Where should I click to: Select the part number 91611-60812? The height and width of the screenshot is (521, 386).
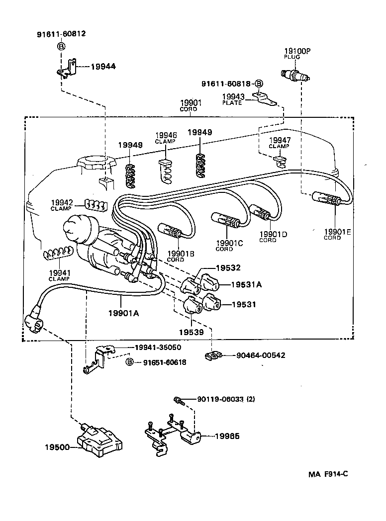coord(61,34)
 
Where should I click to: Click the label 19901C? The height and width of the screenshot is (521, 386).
coord(229,243)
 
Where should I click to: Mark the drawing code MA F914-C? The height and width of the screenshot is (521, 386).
coord(327,474)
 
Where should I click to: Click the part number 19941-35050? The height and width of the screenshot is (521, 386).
coord(158,347)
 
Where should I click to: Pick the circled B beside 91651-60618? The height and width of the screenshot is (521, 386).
coord(130,362)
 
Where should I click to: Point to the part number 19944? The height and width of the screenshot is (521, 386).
coord(103,66)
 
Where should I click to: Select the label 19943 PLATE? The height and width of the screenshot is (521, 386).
coord(232,99)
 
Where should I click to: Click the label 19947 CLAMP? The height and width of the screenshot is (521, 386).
coord(280,143)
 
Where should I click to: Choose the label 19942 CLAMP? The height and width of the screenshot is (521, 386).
coord(62,205)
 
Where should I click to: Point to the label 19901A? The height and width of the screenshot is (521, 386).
coord(123,312)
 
